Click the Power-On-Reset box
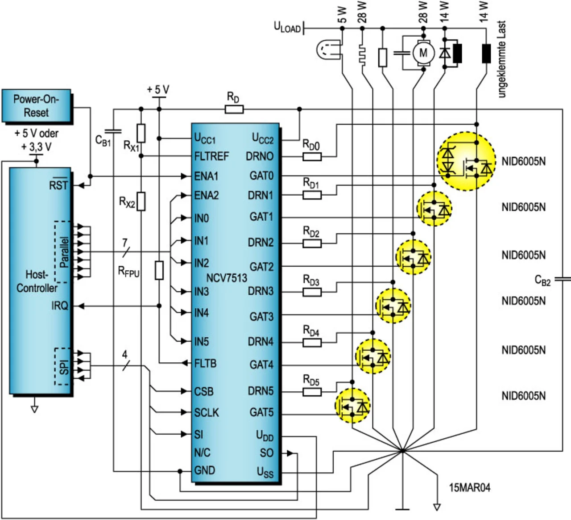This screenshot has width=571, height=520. [36, 106]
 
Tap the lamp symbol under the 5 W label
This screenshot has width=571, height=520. [329, 49]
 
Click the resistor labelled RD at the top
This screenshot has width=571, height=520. [234, 109]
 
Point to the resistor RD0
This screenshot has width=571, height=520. [312, 156]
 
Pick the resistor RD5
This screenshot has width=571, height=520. [312, 392]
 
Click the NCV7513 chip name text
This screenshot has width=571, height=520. [227, 278]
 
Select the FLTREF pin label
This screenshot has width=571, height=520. [211, 156]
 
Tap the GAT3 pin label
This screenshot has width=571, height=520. [261, 317]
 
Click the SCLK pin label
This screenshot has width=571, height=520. [207, 412]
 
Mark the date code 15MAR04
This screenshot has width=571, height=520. [469, 487]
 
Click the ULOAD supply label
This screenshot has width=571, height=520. [287, 28]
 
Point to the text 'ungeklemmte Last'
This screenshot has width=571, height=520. [502, 59]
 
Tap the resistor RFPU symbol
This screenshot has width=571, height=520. [159, 271]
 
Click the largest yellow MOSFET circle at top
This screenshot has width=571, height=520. [466, 161]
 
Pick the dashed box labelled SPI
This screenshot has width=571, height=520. [63, 366]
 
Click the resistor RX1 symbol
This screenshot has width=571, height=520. [141, 133]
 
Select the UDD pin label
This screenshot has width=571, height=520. [265, 436]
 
